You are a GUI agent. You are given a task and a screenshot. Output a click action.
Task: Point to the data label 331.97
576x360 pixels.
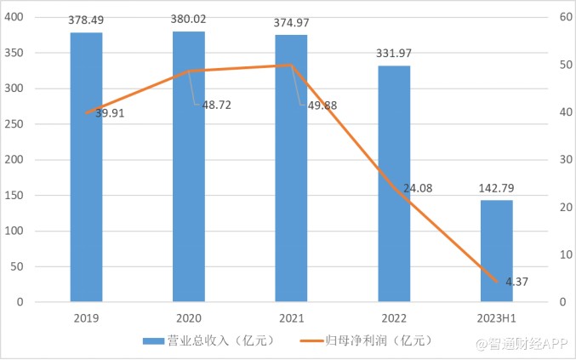tap(394, 54)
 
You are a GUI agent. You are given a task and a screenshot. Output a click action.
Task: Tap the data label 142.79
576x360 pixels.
tap(497, 189)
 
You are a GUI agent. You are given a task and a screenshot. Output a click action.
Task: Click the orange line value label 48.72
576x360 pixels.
tap(216, 105)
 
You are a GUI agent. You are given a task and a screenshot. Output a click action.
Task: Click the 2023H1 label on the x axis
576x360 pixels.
tap(497, 318)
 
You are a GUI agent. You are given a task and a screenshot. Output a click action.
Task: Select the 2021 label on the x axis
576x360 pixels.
tap(291, 318)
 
